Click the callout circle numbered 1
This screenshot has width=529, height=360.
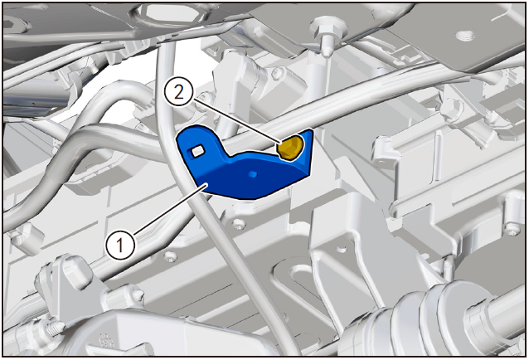[120, 245]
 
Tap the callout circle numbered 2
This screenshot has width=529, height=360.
[179, 92]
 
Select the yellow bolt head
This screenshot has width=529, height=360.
[290, 147]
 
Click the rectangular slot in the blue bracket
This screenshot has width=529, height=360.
[197, 151]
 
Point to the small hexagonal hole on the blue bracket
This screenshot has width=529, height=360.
[252, 173]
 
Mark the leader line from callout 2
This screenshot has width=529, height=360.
[236, 120]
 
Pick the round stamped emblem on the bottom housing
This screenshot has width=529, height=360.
[107, 341]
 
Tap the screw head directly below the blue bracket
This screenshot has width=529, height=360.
[239, 223]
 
